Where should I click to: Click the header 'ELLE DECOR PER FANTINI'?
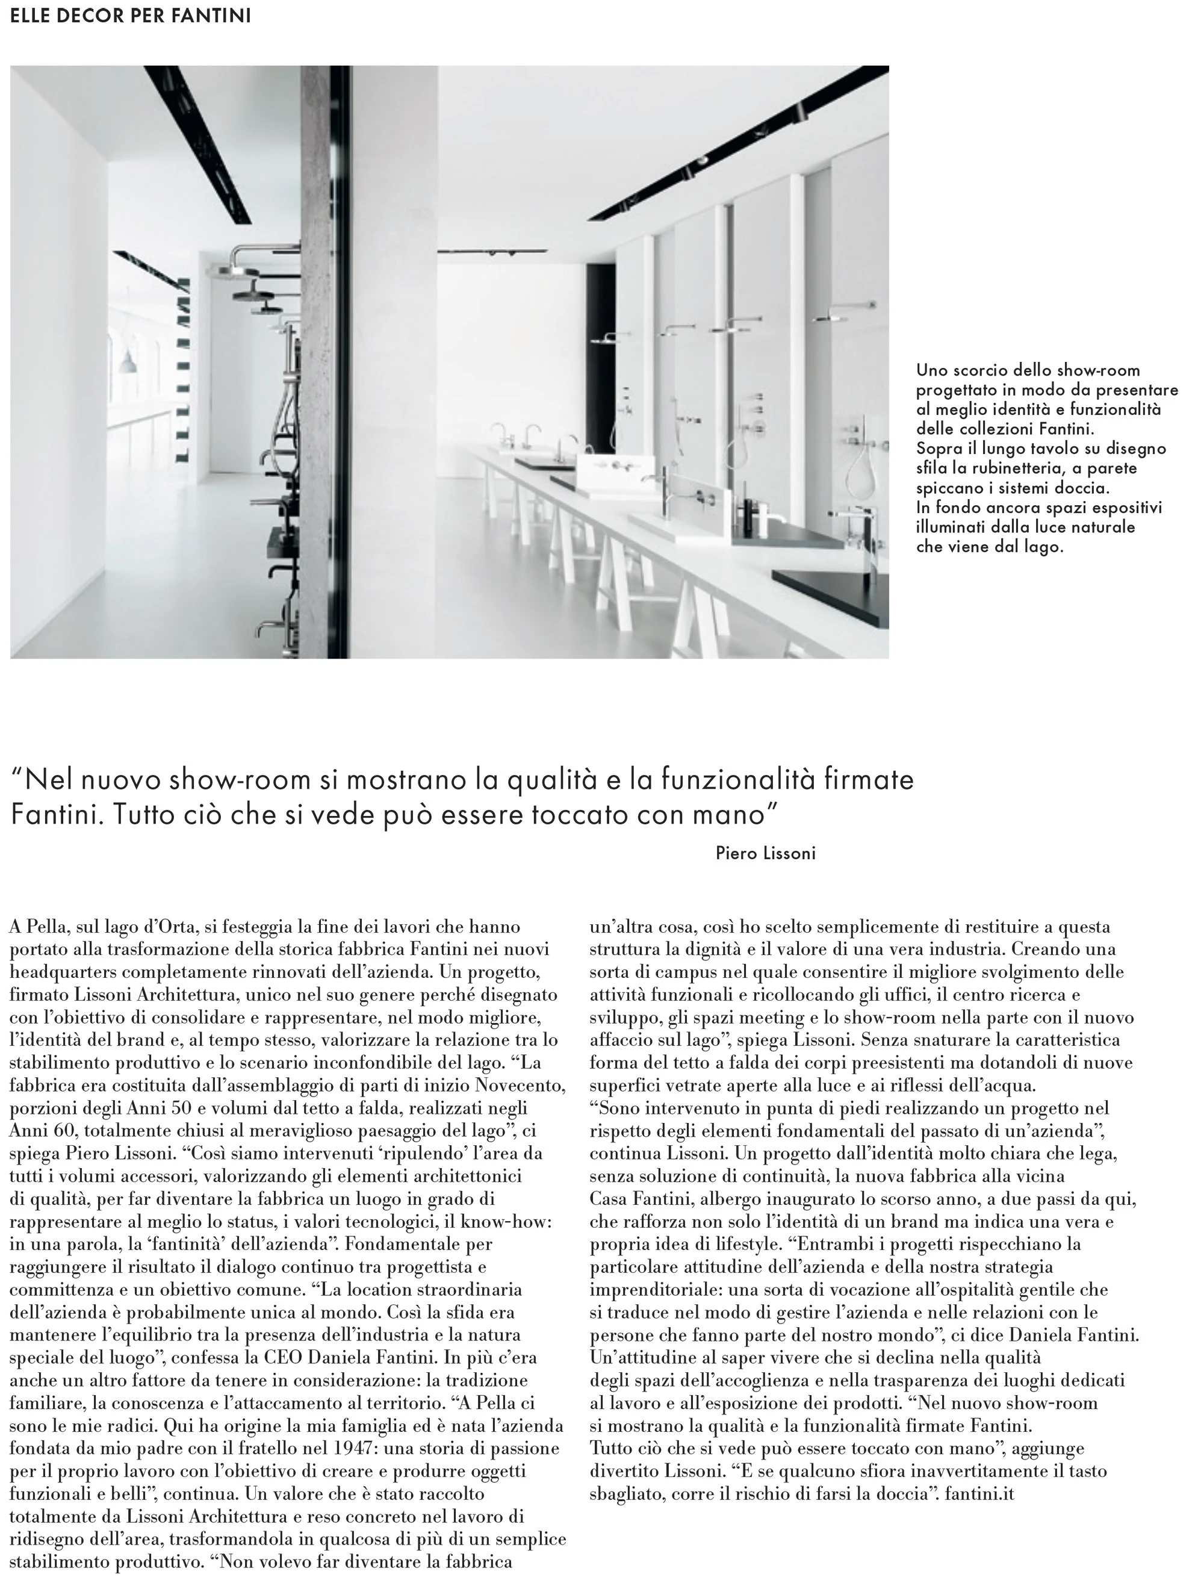point(131,16)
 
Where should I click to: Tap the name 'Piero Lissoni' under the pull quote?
point(765,853)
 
